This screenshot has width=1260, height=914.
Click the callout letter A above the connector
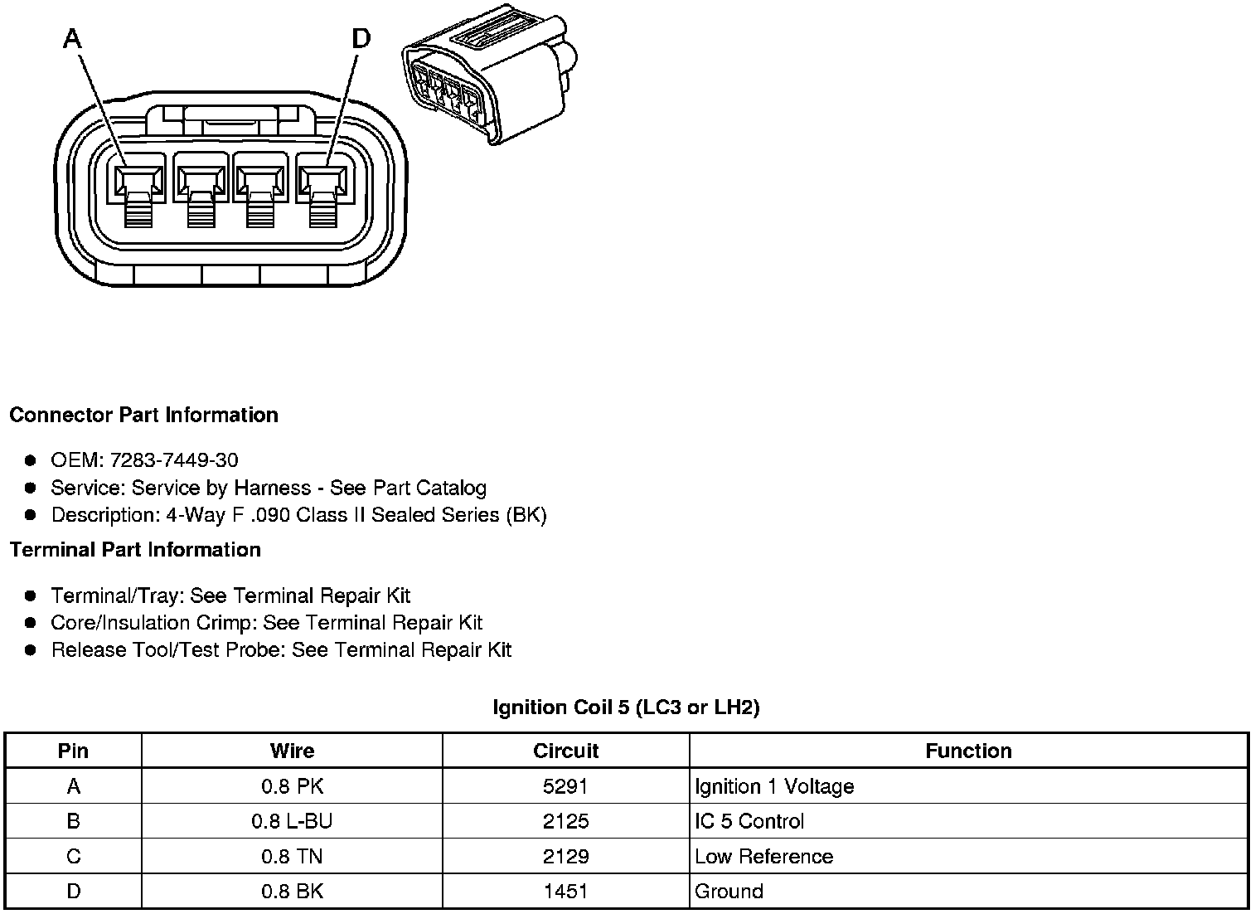(73, 38)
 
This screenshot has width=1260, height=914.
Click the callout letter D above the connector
(361, 38)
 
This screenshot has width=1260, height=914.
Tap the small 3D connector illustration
(488, 74)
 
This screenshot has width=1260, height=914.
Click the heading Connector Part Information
(143, 415)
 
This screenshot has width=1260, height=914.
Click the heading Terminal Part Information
(135, 550)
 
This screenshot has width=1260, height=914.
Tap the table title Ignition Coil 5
(626, 707)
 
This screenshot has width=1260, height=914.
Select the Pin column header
(73, 751)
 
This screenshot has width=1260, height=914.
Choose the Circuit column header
(565, 751)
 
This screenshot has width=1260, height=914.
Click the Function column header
(968, 751)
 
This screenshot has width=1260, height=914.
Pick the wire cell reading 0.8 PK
(292, 786)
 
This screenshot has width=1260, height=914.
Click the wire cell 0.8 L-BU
(292, 821)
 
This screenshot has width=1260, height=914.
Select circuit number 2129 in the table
(565, 857)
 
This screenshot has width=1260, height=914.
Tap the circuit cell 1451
(565, 892)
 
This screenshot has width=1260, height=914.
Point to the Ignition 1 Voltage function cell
(774, 786)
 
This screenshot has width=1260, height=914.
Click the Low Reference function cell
(763, 857)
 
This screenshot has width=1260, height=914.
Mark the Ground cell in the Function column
(729, 892)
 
